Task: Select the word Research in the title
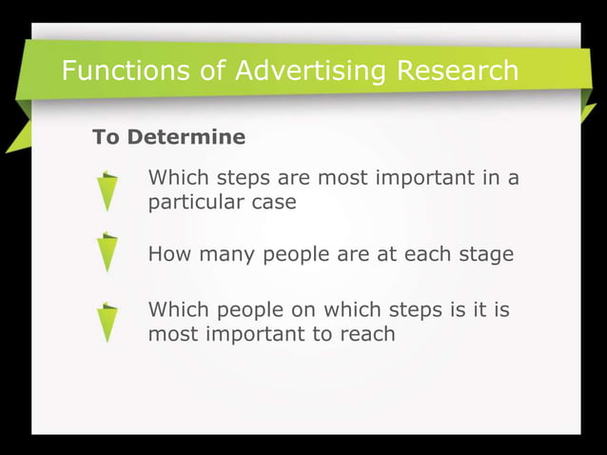tap(456, 71)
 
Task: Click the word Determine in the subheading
tap(186, 137)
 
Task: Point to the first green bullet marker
tap(109, 190)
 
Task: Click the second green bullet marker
tap(109, 252)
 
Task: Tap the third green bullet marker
tap(109, 323)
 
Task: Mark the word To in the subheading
tap(106, 137)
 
